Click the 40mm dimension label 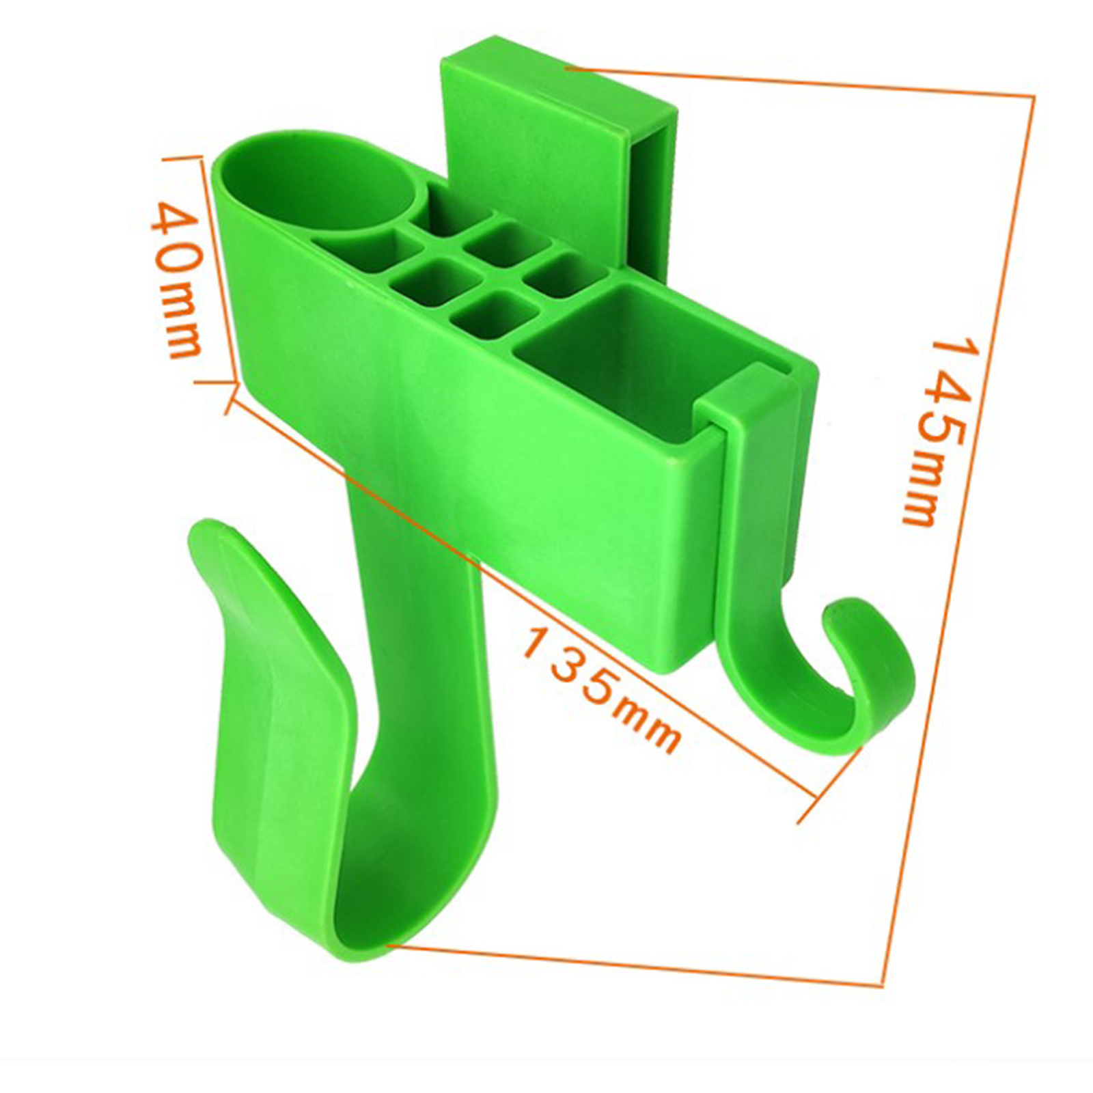point(176,281)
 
